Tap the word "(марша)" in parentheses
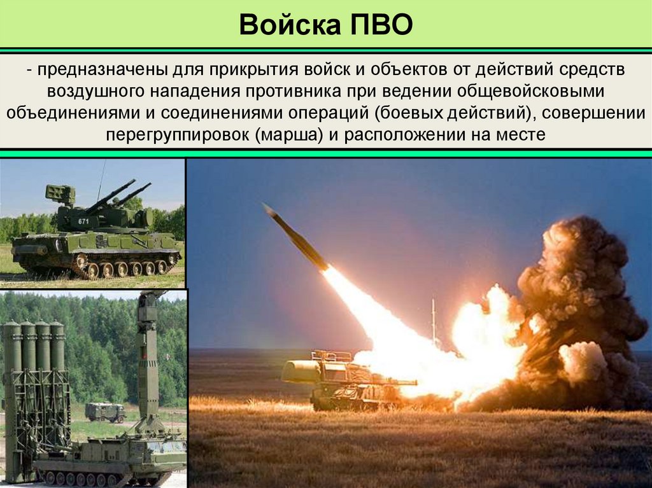[x=290, y=135]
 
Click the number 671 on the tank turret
[x=83, y=221]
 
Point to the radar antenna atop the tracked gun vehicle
[x=60, y=193]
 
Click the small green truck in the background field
[x=105, y=412]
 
